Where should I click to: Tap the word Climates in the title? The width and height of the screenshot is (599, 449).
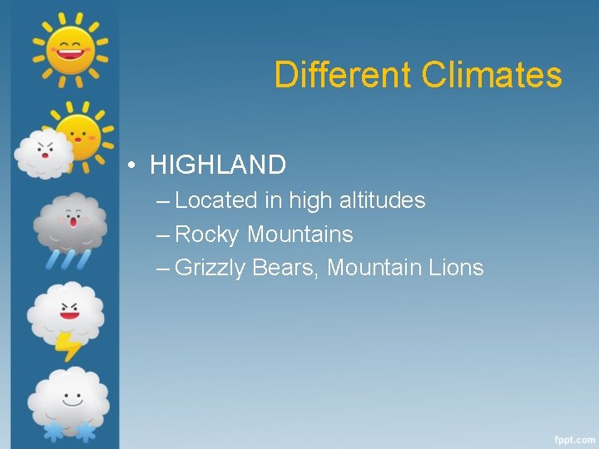coord(492,75)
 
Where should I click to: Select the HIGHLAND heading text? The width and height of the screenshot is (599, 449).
coord(218,165)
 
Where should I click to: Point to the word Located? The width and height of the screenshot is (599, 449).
coord(216,200)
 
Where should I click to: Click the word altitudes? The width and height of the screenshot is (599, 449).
coord(382,200)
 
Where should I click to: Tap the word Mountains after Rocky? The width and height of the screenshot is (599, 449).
coord(300,234)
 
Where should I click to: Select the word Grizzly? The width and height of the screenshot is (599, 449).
coord(210,269)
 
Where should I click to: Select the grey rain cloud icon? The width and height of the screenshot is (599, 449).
coord(70,223)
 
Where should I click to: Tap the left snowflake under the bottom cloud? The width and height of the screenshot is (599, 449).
coord(52,432)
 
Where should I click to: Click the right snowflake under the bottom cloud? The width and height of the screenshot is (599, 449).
coord(84,432)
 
